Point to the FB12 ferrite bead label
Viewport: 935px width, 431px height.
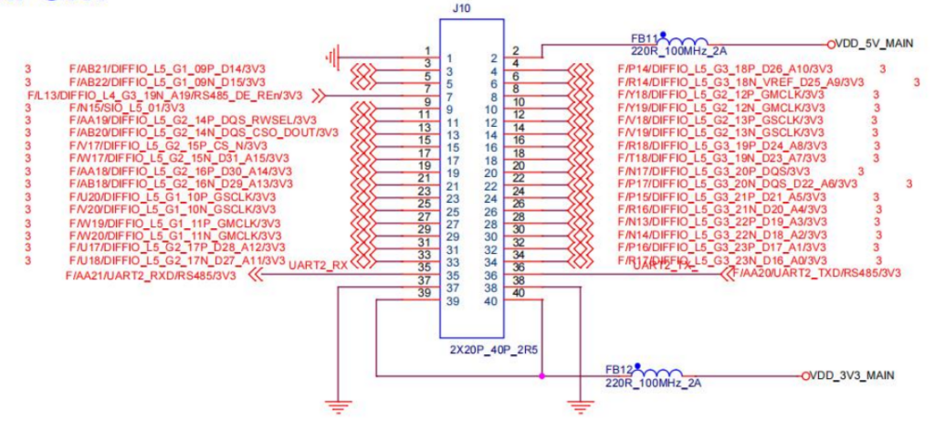(617, 370)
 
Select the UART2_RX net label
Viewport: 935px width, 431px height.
(318, 266)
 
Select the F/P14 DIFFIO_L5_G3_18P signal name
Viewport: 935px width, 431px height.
(724, 69)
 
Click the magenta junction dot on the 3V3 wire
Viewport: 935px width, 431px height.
(541, 375)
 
